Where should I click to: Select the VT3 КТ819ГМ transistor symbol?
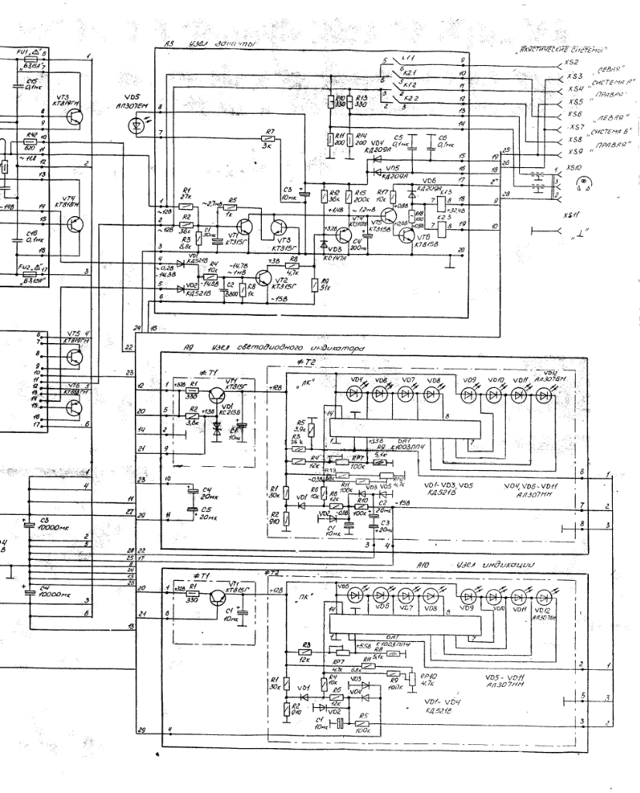pos(75,116)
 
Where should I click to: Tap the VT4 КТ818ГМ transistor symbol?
pos(75,225)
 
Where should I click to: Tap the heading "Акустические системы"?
pos(560,52)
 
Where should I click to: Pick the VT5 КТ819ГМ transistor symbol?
pos(75,357)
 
